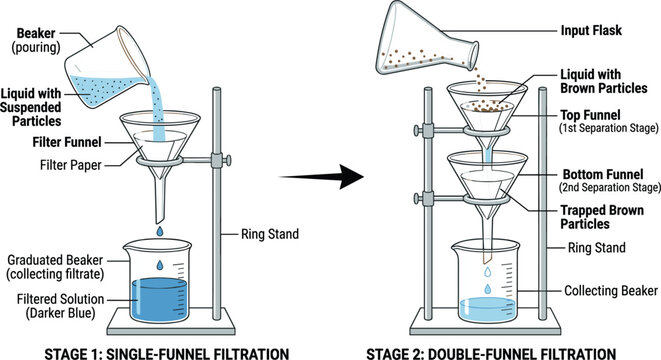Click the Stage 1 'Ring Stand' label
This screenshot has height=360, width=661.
pos(269,236)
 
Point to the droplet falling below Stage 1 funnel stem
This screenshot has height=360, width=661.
pos(160,232)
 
